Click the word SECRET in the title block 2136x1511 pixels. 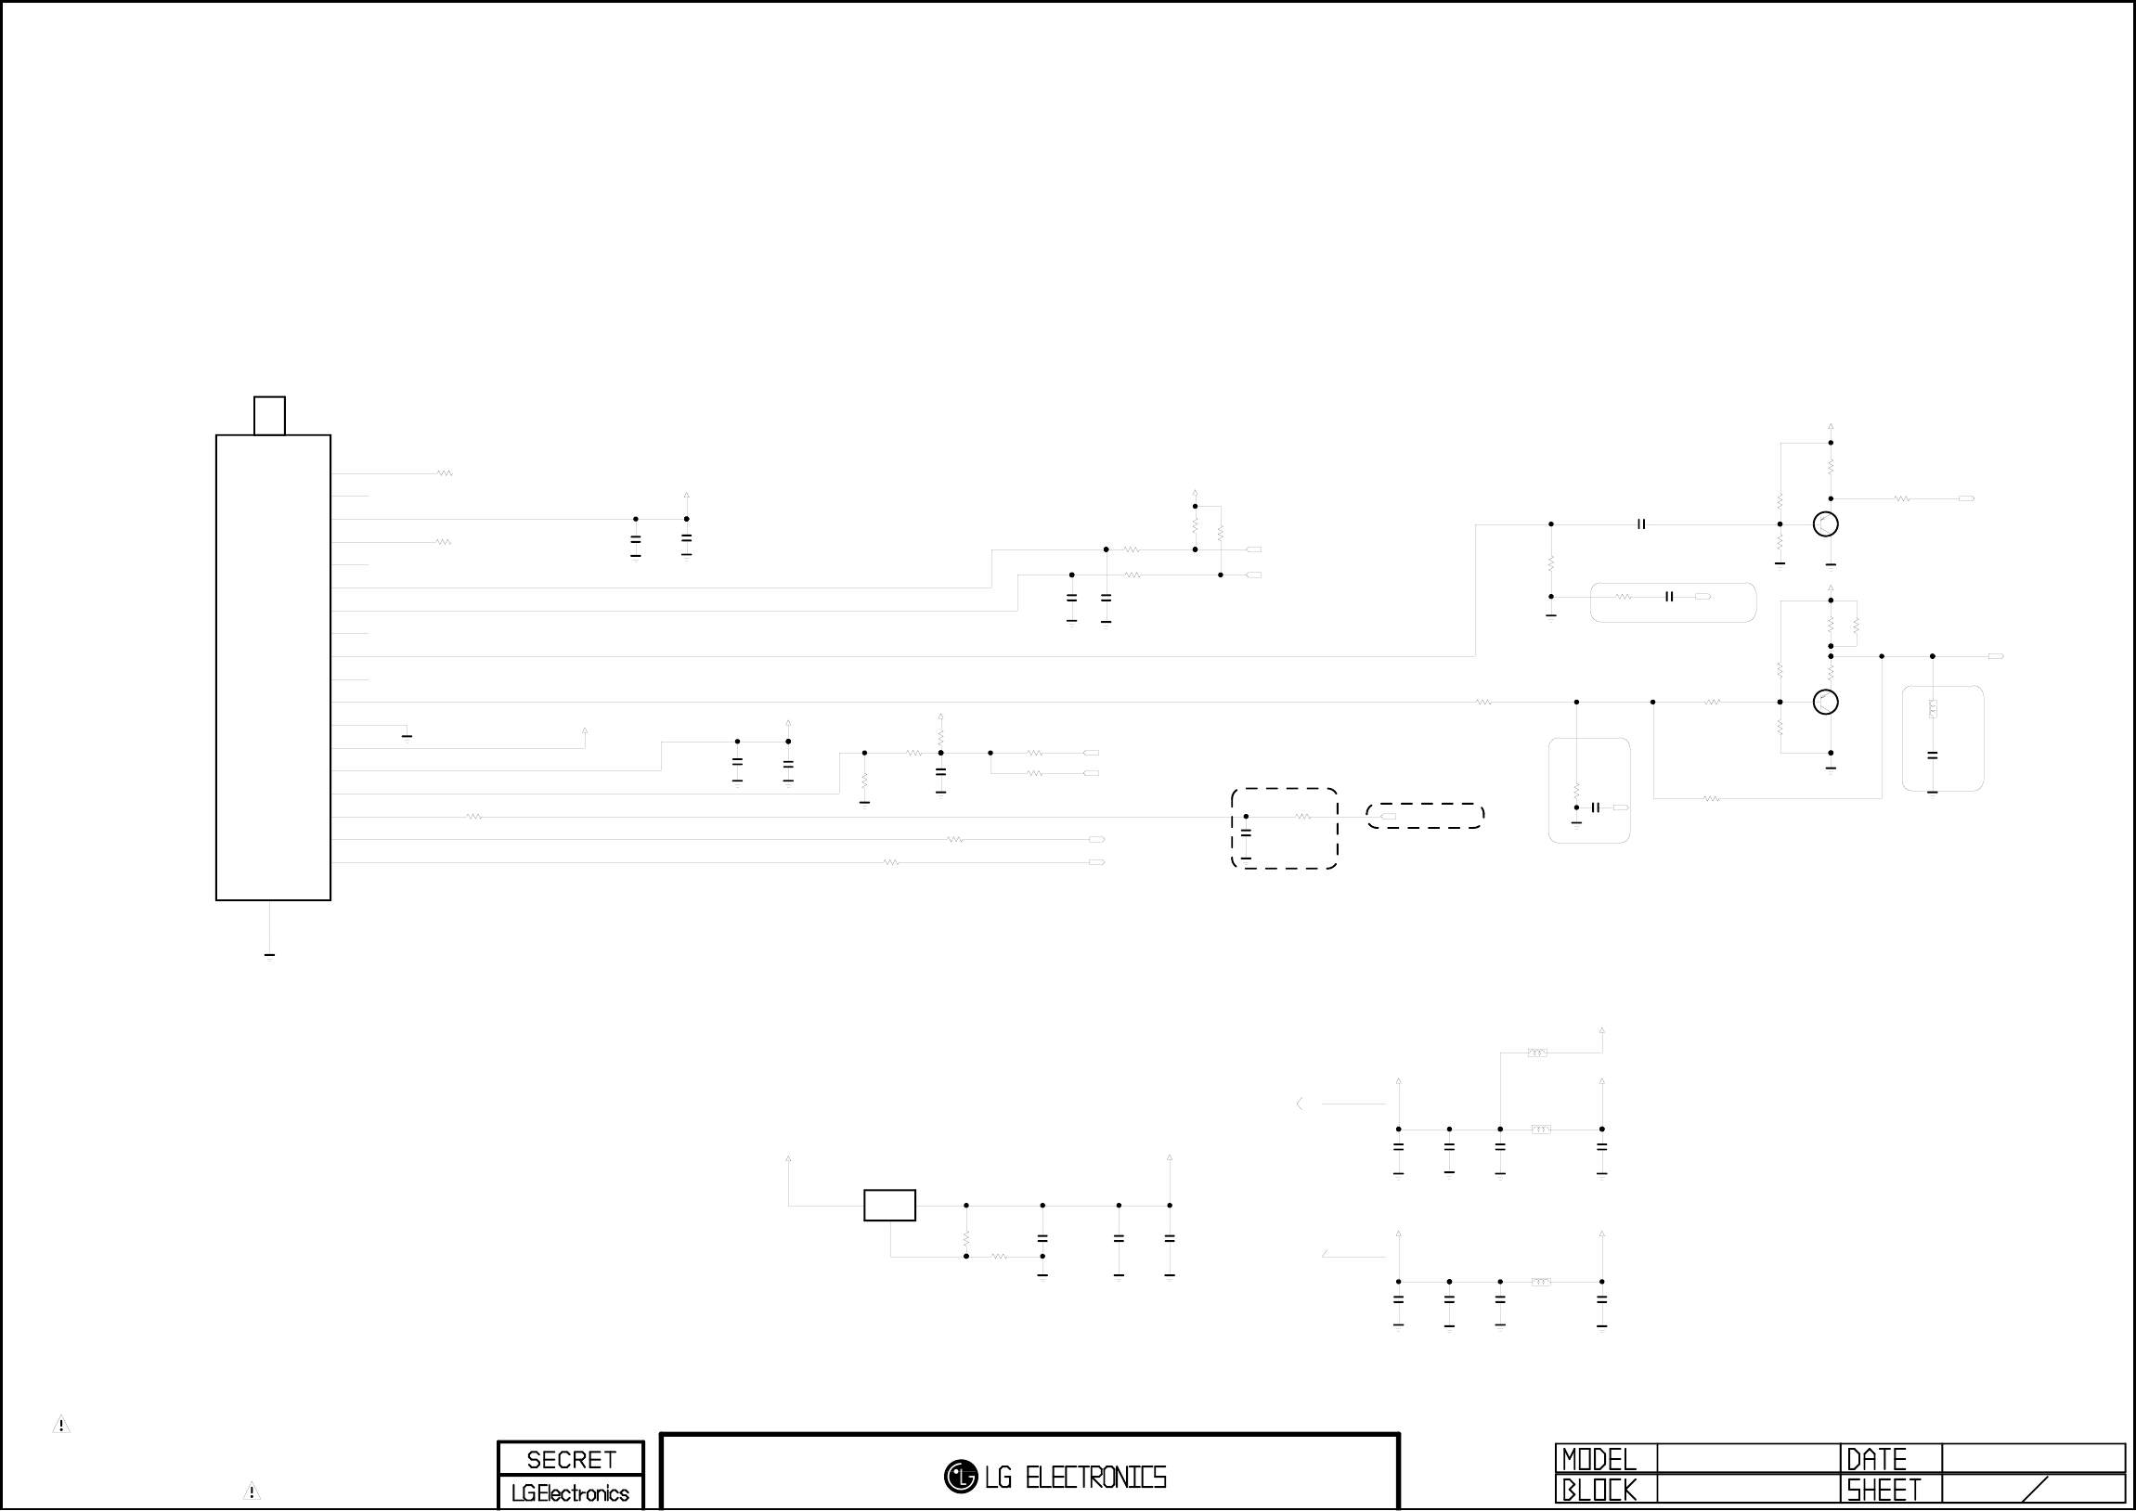(570, 1459)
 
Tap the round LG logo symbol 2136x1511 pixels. (960, 1477)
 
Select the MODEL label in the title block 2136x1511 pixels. (1599, 1459)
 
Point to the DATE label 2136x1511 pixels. (1876, 1459)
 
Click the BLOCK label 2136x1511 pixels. (1599, 1491)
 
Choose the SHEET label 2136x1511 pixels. (1884, 1491)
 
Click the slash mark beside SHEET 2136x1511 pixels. (2035, 1490)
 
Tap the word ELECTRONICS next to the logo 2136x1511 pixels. (1095, 1478)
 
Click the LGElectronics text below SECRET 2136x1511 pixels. (570, 1493)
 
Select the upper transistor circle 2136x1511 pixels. (1825, 524)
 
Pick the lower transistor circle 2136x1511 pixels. (1825, 703)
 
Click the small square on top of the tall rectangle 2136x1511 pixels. (269, 416)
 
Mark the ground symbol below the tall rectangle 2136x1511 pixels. (269, 956)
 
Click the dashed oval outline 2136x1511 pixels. (1424, 816)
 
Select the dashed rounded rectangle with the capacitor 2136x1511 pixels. (1284, 828)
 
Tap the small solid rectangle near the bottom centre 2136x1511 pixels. (889, 1205)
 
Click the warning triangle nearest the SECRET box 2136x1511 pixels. (252, 1492)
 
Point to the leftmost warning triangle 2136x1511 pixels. (61, 1425)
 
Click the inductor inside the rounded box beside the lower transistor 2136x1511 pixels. (1933, 709)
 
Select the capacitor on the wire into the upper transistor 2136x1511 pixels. (1641, 524)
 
